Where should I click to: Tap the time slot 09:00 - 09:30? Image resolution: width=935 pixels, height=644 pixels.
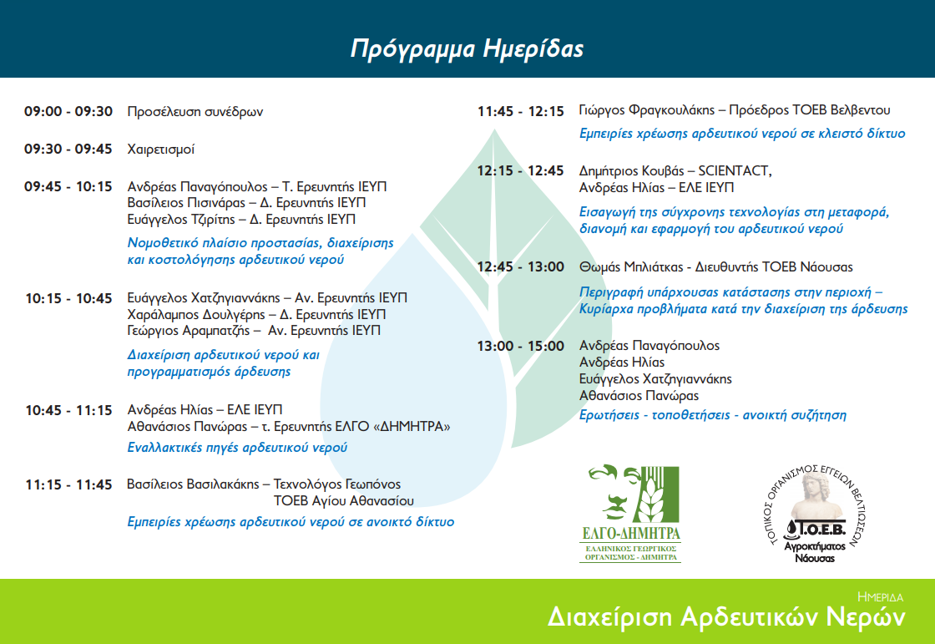point(68,112)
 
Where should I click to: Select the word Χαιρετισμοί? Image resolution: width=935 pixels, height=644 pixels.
point(161,150)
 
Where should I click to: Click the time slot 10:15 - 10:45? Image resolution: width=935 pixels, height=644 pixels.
point(68,298)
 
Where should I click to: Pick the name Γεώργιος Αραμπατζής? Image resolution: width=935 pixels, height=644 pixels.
point(189,331)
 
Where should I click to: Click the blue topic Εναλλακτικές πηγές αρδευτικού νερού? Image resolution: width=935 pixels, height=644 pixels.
point(237,448)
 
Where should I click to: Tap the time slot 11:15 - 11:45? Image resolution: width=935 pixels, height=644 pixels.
point(68,484)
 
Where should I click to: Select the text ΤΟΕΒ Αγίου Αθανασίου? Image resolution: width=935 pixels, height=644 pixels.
point(343,501)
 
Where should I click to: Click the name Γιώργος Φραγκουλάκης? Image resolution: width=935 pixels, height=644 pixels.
point(646,110)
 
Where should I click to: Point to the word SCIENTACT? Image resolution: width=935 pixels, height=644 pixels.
point(735,171)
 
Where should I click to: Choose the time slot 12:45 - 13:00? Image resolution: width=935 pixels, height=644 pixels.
point(521,266)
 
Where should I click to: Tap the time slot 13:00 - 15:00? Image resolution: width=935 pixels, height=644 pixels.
point(521,346)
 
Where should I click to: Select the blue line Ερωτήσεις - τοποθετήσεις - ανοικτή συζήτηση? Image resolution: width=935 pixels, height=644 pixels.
point(713,415)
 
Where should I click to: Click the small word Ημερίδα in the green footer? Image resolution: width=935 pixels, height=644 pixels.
point(880,597)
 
